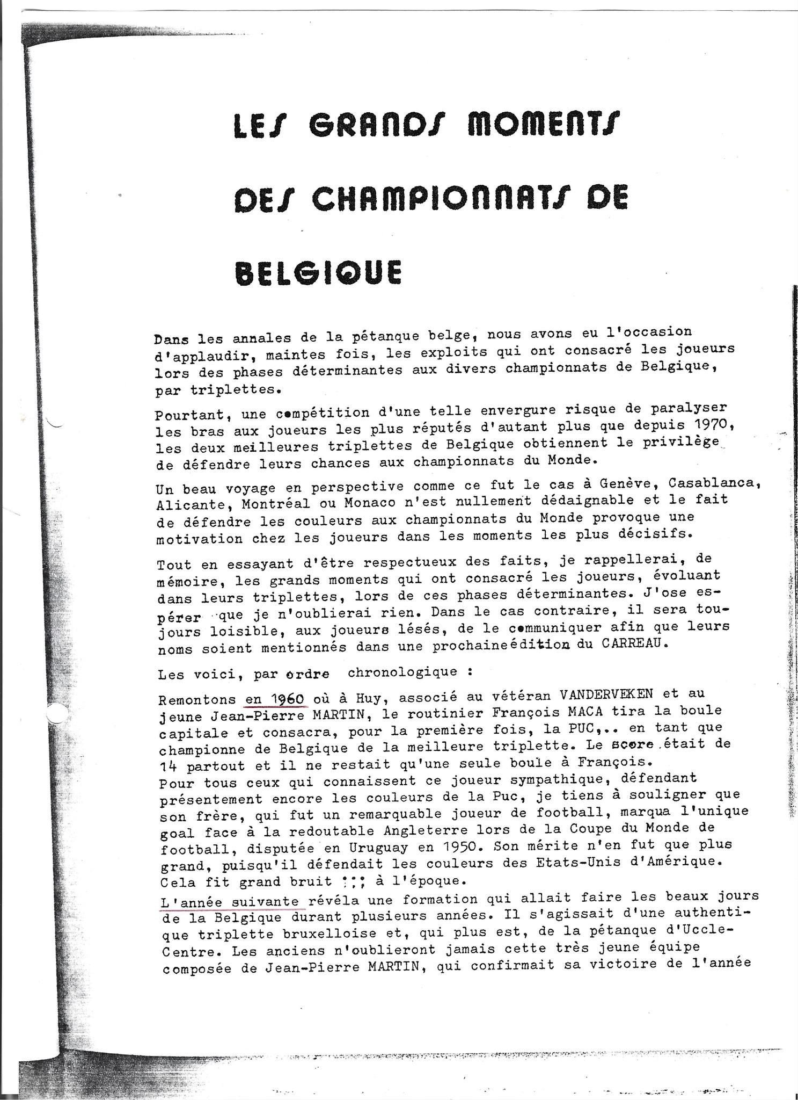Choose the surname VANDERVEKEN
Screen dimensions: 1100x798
(x=606, y=693)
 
